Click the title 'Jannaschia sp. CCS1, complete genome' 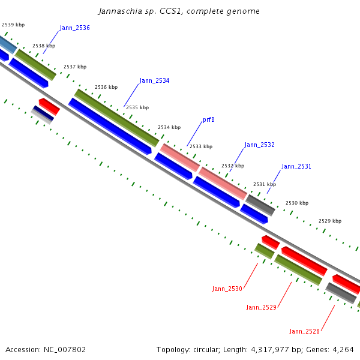click(179, 11)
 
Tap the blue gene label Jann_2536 click(74, 28)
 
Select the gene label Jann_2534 click(154, 80)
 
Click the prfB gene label click(209, 119)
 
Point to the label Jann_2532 click(259, 145)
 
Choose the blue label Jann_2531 click(296, 166)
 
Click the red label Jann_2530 click(227, 289)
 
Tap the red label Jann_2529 click(261, 307)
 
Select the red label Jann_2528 click(304, 331)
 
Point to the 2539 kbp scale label click(13, 25)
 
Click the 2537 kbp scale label click(75, 67)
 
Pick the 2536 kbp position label click(106, 87)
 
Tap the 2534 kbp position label click(169, 127)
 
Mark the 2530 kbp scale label click(297, 203)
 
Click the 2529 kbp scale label click(330, 221)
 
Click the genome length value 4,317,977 click(270, 350)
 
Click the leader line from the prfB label click(194, 134)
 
